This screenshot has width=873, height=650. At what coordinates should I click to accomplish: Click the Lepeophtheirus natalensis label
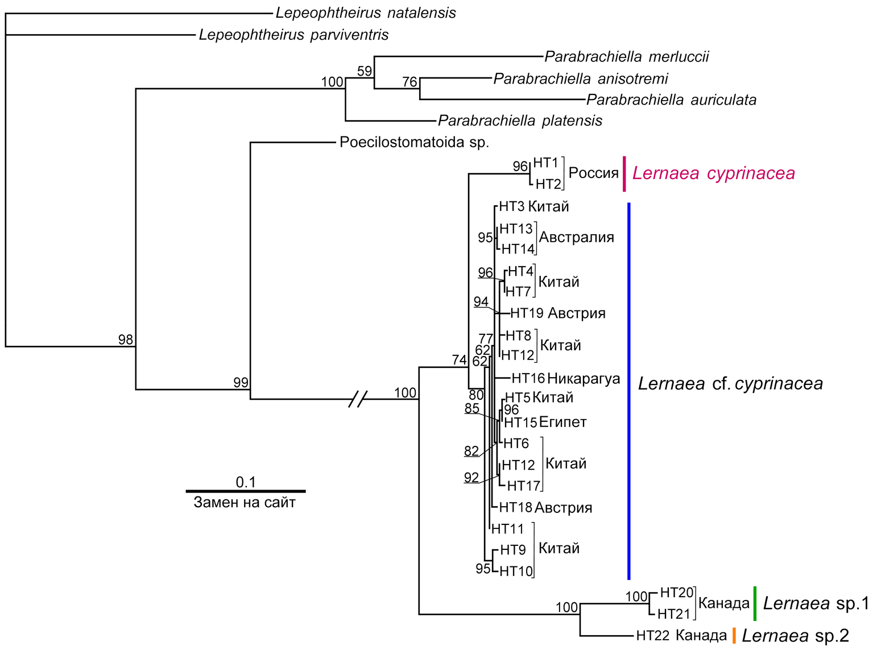[366, 13]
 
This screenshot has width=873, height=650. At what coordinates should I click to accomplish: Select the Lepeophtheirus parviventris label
[293, 35]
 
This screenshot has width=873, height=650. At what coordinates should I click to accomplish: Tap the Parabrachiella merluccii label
[627, 57]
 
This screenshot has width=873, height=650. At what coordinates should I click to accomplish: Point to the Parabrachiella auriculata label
[671, 100]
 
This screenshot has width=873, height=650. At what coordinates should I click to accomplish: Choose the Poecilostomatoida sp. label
[414, 142]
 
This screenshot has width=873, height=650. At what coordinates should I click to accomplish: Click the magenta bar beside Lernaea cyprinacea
[624, 173]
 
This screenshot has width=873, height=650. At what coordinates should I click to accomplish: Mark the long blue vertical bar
[629, 391]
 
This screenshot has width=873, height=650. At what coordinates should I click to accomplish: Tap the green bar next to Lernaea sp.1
[755, 603]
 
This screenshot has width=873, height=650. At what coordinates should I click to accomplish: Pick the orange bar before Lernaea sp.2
[734, 635]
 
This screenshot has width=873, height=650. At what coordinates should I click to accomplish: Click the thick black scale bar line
[246, 491]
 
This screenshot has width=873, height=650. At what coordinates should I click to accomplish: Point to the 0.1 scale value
[246, 482]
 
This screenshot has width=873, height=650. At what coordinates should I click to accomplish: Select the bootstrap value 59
[365, 71]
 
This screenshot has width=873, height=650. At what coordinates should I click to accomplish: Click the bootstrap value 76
[409, 82]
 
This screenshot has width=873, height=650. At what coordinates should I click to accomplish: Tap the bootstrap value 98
[126, 340]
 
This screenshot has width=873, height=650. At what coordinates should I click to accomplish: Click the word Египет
[562, 422]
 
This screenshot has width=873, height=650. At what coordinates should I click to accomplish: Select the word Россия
[593, 173]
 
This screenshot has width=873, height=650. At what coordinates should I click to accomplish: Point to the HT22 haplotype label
[652, 635]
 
